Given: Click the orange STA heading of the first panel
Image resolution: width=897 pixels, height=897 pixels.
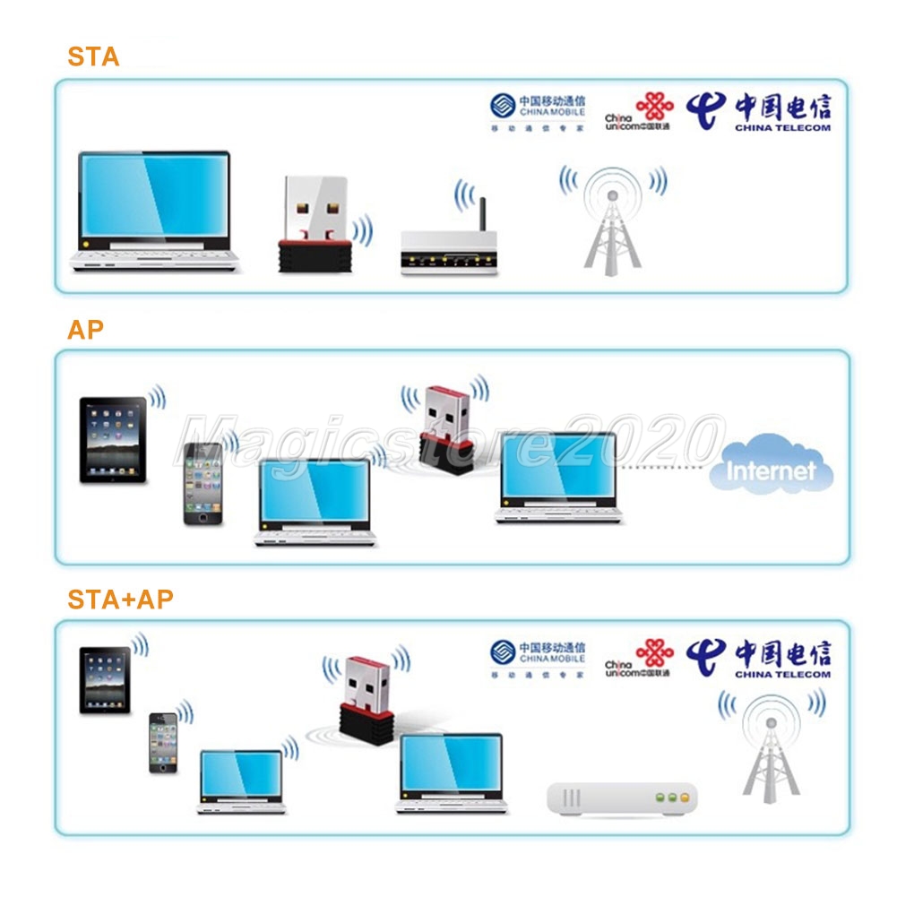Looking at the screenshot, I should tap(93, 57).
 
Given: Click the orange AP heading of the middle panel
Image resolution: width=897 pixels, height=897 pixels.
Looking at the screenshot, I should tap(85, 329).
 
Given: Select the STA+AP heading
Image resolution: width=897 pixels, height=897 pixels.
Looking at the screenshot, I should tap(120, 599).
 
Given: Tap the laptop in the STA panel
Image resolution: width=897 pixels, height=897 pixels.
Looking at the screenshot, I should tap(153, 211).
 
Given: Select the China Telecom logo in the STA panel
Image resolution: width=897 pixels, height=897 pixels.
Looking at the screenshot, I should tap(758, 112).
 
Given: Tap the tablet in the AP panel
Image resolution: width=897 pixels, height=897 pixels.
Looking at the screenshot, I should tap(113, 440).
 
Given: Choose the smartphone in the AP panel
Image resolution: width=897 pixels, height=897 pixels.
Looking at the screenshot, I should tap(202, 483).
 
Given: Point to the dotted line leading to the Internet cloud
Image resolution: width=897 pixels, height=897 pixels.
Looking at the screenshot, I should tap(664, 467).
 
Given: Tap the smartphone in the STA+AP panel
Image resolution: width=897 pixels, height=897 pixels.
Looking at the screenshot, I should tap(163, 742).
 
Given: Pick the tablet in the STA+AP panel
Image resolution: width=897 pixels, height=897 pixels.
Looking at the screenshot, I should tap(105, 680).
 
